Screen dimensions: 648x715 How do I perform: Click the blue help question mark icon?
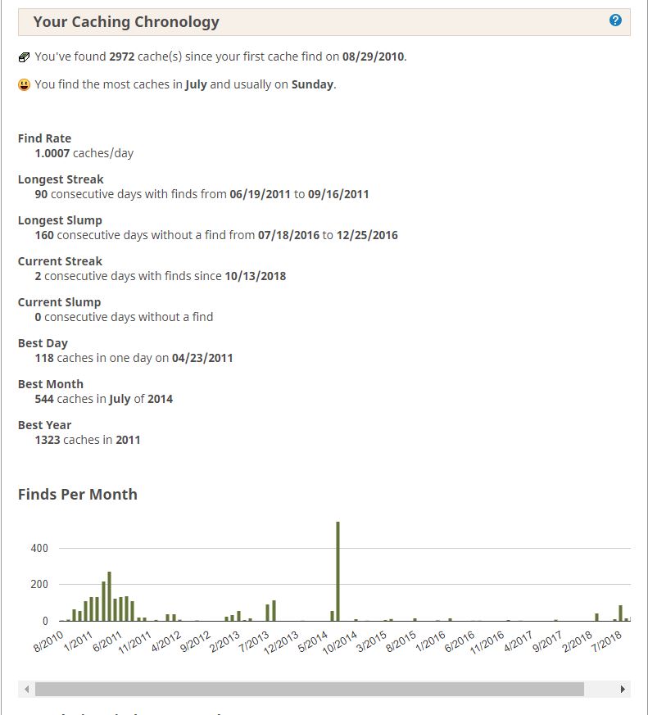click(x=615, y=20)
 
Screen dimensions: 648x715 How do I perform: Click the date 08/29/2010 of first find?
click(x=373, y=57)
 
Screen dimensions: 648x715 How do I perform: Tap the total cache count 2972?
click(x=122, y=57)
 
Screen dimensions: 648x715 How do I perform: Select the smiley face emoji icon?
click(x=25, y=84)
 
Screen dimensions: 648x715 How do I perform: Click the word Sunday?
click(x=312, y=84)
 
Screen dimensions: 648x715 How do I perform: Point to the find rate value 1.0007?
click(x=52, y=153)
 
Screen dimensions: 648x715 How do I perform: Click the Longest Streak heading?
click(x=61, y=179)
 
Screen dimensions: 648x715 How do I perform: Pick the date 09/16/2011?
click(x=338, y=194)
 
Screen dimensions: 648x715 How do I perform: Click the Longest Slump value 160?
click(x=44, y=235)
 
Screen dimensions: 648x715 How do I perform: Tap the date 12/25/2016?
click(x=367, y=235)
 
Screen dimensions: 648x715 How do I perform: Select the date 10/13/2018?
click(x=256, y=276)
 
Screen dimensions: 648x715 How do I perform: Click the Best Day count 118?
click(x=44, y=358)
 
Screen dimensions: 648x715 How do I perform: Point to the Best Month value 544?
click(x=44, y=399)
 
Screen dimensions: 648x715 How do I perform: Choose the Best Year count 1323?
click(x=48, y=440)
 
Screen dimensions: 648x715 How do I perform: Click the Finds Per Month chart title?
click(x=78, y=495)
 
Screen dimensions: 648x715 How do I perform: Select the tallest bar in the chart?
click(x=338, y=572)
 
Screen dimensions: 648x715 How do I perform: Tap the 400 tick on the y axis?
click(x=39, y=548)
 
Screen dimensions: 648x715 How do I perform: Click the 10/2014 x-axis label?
click(x=339, y=643)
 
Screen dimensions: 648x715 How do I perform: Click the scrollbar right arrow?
click(x=623, y=689)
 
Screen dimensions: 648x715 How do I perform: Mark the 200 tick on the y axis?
click(x=39, y=584)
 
